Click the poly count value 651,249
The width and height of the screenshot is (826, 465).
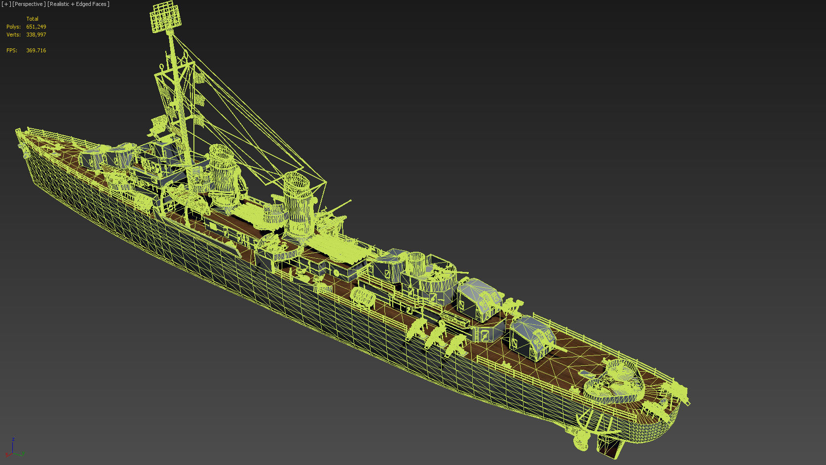click(x=36, y=27)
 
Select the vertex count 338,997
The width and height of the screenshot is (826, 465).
click(x=36, y=35)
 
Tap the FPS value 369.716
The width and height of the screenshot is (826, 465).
click(x=36, y=50)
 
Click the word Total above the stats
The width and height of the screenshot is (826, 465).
click(x=32, y=19)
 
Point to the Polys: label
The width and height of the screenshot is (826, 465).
click(x=13, y=27)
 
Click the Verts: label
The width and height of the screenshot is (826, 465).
click(x=13, y=35)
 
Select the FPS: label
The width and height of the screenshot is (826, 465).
click(x=12, y=50)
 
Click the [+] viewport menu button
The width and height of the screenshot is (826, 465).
click(x=6, y=4)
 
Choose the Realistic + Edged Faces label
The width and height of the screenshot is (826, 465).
click(x=78, y=4)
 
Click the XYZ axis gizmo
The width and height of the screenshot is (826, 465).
click(x=14, y=449)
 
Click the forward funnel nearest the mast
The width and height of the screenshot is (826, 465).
click(x=223, y=168)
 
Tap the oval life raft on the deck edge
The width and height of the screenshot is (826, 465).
click(x=363, y=296)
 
